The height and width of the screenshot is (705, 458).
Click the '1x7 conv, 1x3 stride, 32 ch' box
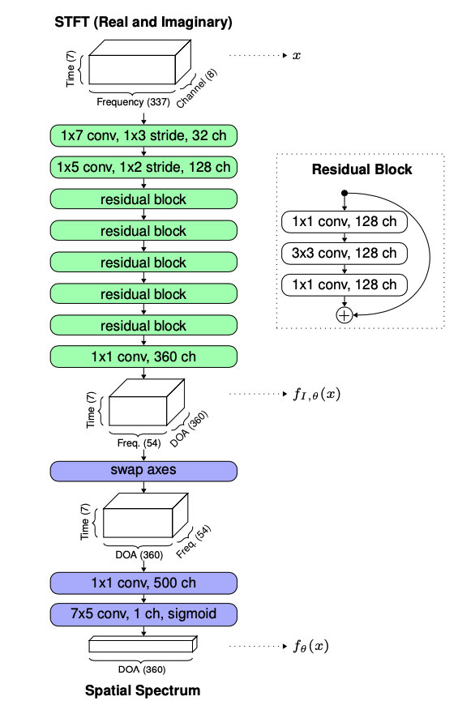coord(143,135)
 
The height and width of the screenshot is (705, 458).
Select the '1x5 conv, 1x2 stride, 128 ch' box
coord(143,167)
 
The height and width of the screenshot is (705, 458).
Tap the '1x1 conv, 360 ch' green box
coord(143,357)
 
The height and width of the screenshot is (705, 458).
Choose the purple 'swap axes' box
coord(143,471)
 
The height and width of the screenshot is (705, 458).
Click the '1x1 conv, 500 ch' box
coord(143,583)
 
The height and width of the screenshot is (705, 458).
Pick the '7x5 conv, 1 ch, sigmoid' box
coord(143,611)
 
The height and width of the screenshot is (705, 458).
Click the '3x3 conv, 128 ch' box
coord(344,254)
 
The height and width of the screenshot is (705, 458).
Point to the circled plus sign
coord(344,314)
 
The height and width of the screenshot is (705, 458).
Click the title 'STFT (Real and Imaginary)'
coord(143,22)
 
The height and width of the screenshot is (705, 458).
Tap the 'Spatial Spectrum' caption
coord(143,690)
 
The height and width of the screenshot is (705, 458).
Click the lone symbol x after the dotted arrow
coord(297,57)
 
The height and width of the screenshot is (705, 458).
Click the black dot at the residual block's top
coord(344,193)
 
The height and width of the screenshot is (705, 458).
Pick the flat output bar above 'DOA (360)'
coord(143,646)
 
